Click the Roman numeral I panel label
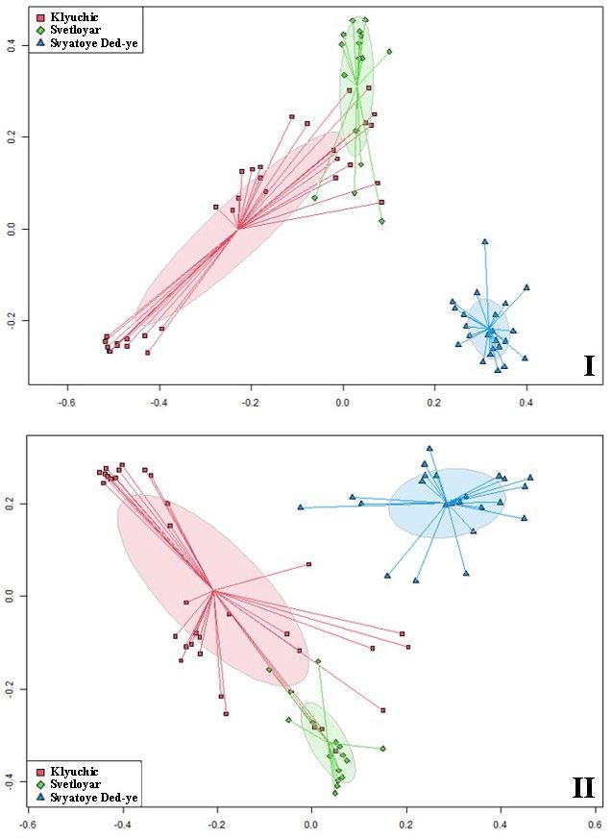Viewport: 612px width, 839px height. coord(588,366)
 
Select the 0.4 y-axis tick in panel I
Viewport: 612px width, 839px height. coord(12,45)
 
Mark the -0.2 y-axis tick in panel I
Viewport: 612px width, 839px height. coord(12,320)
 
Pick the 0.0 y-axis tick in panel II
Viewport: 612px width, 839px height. coord(12,596)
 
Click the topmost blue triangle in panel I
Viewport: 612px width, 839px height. coord(485,241)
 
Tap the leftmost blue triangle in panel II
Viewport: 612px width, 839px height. coord(301,506)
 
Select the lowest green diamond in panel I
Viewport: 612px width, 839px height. coord(381,221)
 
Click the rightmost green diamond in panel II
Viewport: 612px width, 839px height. coord(382,748)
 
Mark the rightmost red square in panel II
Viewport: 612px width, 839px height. coord(407,647)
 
